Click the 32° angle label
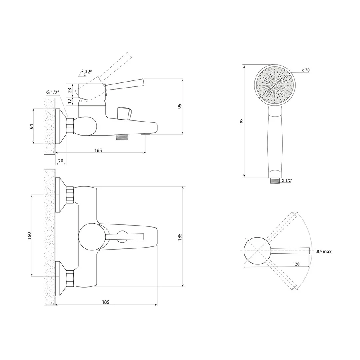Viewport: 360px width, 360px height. (x=88, y=72)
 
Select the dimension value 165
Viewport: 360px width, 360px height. (x=98, y=150)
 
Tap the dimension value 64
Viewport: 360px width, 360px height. (x=32, y=126)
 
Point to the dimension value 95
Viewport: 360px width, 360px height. (x=180, y=106)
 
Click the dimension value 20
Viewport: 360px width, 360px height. (x=61, y=161)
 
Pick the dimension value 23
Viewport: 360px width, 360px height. (x=70, y=90)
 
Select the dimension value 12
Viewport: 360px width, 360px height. (x=70, y=100)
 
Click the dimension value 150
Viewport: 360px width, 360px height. (x=29, y=236)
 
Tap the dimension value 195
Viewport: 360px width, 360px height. (x=241, y=122)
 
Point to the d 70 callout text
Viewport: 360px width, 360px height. (x=306, y=70)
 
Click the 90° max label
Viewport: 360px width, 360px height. (x=323, y=252)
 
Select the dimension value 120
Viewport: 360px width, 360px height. (x=296, y=264)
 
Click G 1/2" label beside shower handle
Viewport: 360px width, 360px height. (x=287, y=180)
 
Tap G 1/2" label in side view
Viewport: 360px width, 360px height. (x=52, y=92)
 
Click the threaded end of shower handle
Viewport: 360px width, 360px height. (x=274, y=181)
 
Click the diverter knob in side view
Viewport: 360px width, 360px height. (x=124, y=113)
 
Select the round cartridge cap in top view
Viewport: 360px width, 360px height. (x=91, y=237)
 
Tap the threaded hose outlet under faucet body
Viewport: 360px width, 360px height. (x=123, y=137)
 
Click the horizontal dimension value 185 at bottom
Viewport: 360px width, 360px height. (x=106, y=302)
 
